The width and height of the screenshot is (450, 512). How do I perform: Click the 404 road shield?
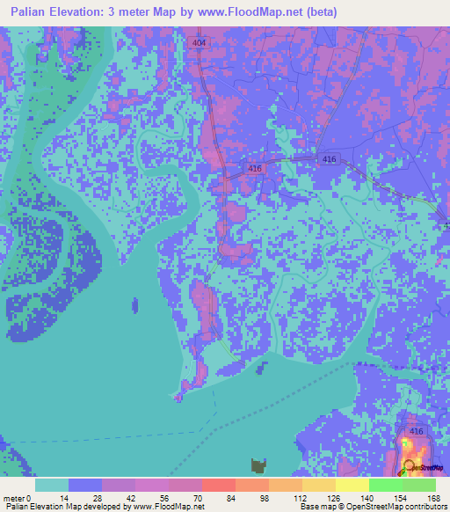tap(200, 41)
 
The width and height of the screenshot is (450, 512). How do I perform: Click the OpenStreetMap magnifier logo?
tap(410, 465)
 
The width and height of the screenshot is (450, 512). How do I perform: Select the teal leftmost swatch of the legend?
tap(52, 485)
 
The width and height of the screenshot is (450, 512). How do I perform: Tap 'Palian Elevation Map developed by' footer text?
tap(65, 507)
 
